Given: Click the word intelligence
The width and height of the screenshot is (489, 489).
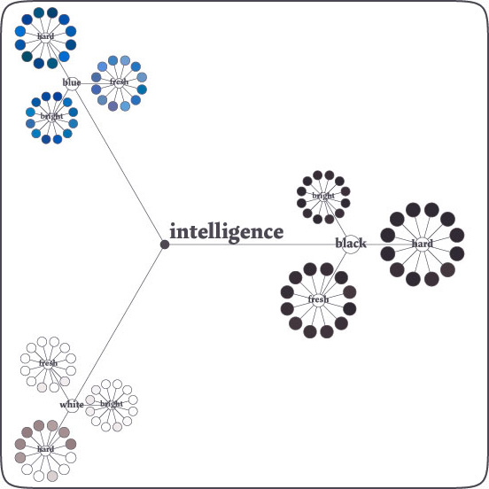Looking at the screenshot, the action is (227, 232).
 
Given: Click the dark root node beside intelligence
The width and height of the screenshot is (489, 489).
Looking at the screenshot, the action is (165, 244).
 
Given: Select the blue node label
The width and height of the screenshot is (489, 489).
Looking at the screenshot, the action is (72, 82).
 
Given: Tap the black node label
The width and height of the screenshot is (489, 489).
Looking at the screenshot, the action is (351, 244).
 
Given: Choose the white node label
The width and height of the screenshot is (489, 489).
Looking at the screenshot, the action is (72, 405).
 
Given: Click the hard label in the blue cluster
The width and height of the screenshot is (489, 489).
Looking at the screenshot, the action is (45, 36).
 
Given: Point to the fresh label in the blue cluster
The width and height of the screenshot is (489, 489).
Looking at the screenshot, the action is (119, 81).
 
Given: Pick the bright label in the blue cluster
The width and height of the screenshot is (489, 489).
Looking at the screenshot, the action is (51, 116).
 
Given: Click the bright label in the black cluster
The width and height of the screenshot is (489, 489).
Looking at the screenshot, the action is (323, 196).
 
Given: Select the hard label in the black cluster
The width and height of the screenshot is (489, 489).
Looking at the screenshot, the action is (423, 244).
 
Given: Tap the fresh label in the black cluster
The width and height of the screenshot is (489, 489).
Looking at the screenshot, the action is (318, 299).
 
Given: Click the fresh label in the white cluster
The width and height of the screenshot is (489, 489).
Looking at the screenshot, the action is (49, 363).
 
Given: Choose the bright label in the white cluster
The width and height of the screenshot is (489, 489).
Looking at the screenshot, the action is (112, 404).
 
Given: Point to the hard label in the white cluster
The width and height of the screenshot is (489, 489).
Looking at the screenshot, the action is (45, 449).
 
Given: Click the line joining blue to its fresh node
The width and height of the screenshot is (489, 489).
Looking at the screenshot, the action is (96, 83).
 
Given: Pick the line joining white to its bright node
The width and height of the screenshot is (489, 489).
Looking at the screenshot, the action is (93, 405).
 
